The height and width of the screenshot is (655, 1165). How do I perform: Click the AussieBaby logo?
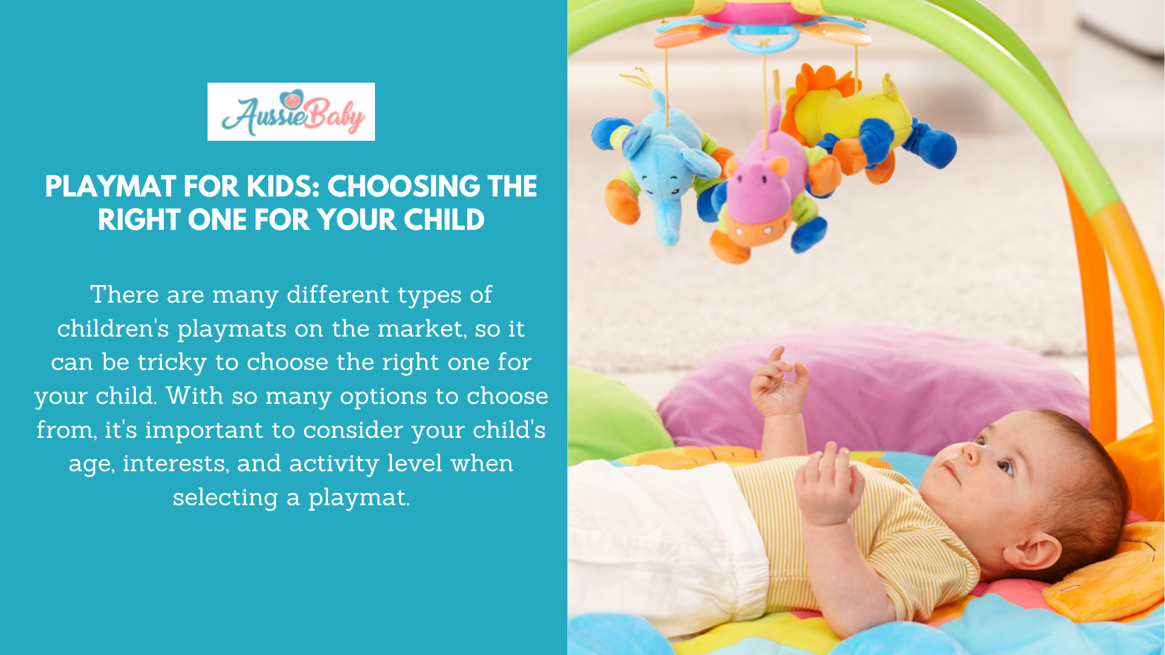coord(291,112)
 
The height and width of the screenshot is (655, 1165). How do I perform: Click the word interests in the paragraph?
coord(175,463)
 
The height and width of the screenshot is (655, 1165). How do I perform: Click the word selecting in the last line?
coord(225,497)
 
